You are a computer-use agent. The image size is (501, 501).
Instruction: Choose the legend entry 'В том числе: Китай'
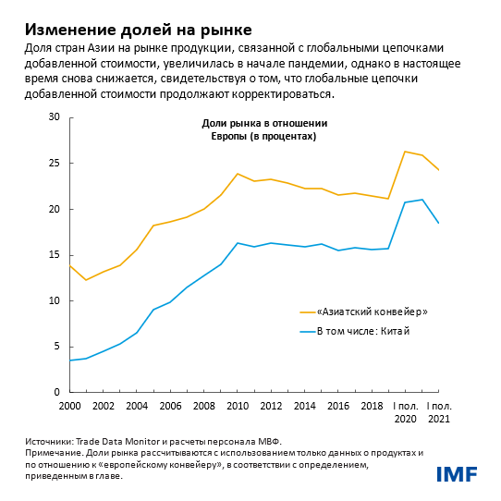362,331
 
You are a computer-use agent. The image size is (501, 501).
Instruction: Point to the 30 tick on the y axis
53,117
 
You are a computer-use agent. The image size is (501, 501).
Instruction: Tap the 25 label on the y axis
53,164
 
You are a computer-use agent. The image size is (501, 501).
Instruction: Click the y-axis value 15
53,255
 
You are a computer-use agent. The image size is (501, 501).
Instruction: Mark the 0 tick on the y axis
55,393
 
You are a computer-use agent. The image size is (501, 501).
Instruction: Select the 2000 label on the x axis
71,406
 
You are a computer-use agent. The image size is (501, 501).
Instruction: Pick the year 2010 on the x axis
238,406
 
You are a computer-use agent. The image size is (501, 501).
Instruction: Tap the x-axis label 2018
372,406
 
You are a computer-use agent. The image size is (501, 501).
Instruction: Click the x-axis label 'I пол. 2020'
405,412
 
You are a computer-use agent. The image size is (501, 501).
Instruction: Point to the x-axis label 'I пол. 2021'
438,412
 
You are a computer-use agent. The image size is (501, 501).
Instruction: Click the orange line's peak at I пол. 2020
405,152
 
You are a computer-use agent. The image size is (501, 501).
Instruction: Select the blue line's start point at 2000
70,360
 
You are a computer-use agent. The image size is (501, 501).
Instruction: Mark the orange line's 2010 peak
238,174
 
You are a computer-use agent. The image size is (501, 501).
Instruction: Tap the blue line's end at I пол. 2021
438,223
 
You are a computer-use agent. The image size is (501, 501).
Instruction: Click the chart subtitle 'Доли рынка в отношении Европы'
263,129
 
